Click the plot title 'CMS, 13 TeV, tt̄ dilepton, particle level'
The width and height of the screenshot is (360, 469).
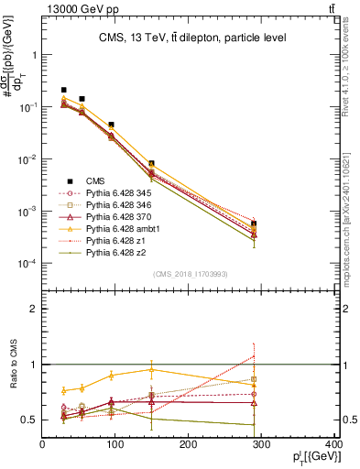coord(192,38)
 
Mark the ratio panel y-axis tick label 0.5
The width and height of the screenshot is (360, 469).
coord(30,420)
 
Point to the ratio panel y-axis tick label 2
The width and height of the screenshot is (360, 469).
coord(34,309)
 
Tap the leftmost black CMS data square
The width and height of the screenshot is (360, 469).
coord(63,90)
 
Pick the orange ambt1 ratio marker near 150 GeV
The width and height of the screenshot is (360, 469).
coord(152,370)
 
